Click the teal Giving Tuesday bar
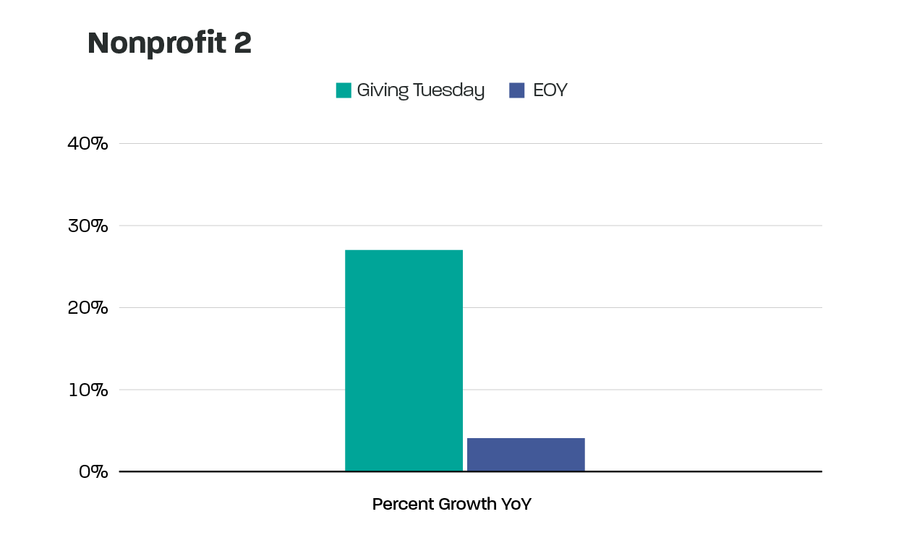[404, 361]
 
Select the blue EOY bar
[526, 455]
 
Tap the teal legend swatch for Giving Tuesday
[344, 90]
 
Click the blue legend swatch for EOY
[516, 90]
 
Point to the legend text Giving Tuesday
[420, 90]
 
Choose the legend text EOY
[550, 90]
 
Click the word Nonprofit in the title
[155, 44]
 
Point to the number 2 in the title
[242, 44]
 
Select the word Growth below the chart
[467, 504]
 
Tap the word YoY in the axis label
[516, 504]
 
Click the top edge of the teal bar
[404, 250]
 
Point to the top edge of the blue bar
[526, 438]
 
